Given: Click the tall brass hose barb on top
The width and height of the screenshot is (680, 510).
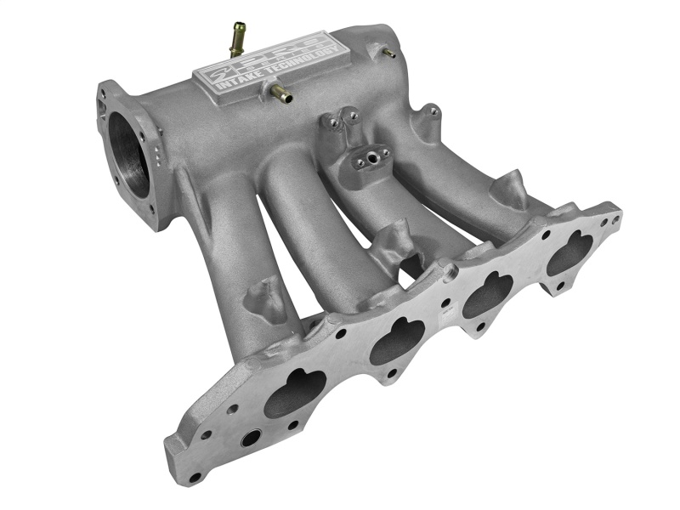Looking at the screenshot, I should pos(236,38).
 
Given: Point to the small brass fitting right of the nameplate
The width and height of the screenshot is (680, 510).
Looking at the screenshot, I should pos(389,54).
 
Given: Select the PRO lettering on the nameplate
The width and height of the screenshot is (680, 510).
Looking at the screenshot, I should pos(280,49).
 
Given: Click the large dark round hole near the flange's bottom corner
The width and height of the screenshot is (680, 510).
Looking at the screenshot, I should pos(251,439).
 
